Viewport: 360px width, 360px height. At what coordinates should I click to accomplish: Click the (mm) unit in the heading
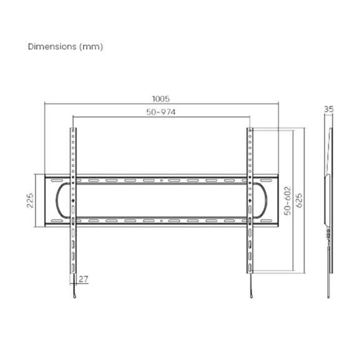click(91, 47)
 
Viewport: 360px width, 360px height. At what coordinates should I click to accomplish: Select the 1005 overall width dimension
click(161, 99)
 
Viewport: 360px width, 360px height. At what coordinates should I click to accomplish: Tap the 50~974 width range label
click(161, 112)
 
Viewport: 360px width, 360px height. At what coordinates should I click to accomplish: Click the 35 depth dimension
click(329, 109)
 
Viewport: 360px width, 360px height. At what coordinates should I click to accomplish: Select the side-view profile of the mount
click(330, 200)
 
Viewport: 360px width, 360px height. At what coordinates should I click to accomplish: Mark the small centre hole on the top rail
click(162, 180)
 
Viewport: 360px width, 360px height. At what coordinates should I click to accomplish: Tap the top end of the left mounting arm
click(73, 130)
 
